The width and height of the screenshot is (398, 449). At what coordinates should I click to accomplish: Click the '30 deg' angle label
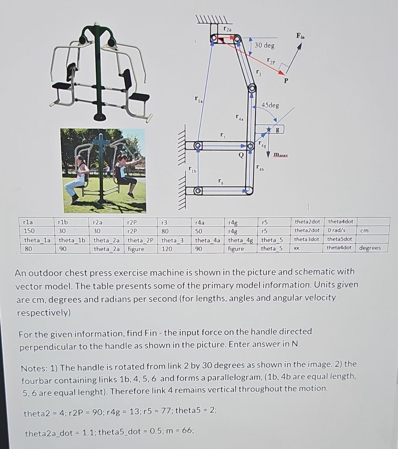(265, 45)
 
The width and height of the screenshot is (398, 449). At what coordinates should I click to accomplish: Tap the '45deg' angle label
(270, 105)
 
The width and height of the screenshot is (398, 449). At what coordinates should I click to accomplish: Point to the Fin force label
(300, 36)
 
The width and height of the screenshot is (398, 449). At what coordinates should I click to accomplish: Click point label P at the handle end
(286, 80)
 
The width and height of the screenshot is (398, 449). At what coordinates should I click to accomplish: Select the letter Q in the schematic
(241, 155)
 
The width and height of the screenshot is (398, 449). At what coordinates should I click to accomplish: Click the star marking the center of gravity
(269, 130)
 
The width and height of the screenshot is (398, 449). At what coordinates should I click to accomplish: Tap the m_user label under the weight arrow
(281, 156)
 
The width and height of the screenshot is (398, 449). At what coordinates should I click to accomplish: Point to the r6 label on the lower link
(220, 181)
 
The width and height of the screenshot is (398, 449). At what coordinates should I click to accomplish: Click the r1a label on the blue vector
(199, 99)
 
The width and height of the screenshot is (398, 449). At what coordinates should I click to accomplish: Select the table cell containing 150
(29, 231)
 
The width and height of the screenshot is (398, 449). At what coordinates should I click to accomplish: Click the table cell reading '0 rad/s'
(336, 230)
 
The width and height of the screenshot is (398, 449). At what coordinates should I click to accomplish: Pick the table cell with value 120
(167, 249)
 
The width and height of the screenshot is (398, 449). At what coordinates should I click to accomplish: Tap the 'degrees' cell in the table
(370, 248)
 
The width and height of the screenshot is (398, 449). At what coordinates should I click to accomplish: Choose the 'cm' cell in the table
(364, 230)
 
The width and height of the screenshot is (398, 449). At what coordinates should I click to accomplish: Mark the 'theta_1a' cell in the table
(37, 240)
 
